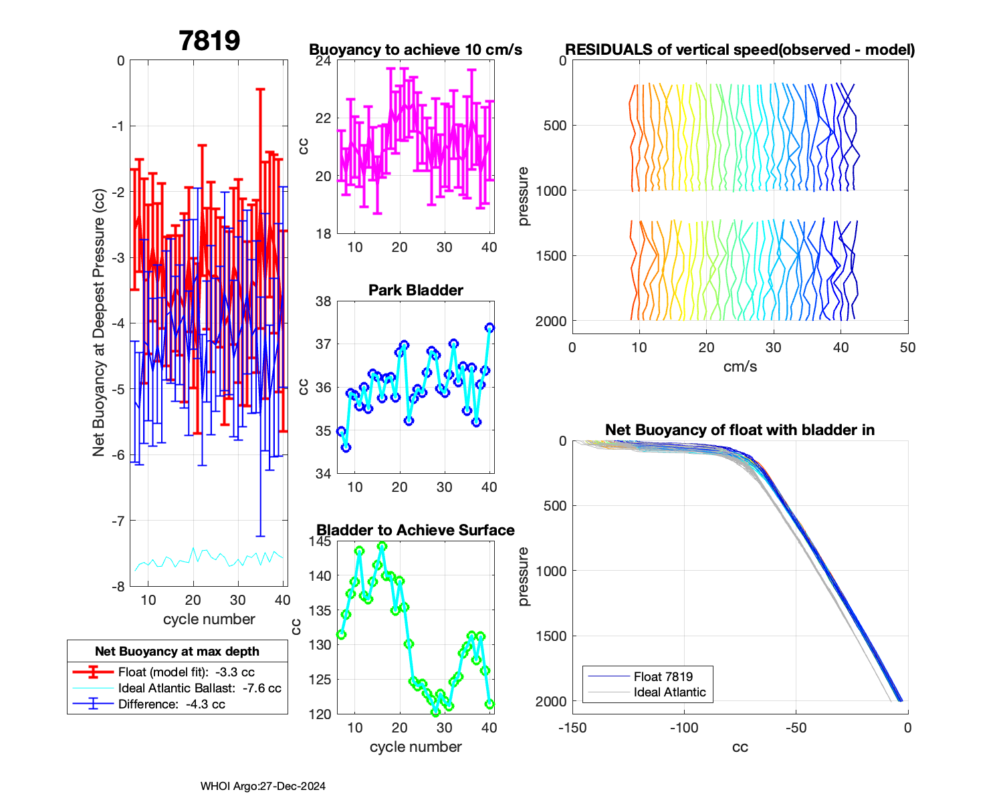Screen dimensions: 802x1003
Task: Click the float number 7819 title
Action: click(209, 41)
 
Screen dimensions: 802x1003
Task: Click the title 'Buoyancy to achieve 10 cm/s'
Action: click(415, 50)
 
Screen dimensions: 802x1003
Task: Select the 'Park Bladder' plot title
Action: click(415, 290)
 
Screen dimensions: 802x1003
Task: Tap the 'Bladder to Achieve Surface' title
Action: click(415, 530)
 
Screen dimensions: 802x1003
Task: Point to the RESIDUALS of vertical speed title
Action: click(740, 50)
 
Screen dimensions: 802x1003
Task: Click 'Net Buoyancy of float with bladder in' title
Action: click(740, 430)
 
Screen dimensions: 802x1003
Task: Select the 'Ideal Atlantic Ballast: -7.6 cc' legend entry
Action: click(199, 688)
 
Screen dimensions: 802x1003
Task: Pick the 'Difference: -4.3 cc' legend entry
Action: click(171, 704)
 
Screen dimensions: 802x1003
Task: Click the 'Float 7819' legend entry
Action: click(663, 677)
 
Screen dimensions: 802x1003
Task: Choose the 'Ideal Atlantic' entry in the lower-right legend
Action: click(669, 692)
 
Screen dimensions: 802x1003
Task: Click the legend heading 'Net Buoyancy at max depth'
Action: click(177, 652)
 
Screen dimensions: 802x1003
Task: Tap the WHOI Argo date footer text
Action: click(263, 787)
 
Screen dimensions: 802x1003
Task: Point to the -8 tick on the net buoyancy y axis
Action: click(120, 587)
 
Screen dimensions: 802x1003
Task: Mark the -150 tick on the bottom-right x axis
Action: click(572, 728)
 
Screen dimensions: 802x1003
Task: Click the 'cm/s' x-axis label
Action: click(740, 367)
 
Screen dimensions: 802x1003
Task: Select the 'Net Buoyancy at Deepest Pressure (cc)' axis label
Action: click(99, 323)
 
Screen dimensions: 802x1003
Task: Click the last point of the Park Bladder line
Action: click(489, 328)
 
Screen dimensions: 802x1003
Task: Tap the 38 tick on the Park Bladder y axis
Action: click(324, 301)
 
